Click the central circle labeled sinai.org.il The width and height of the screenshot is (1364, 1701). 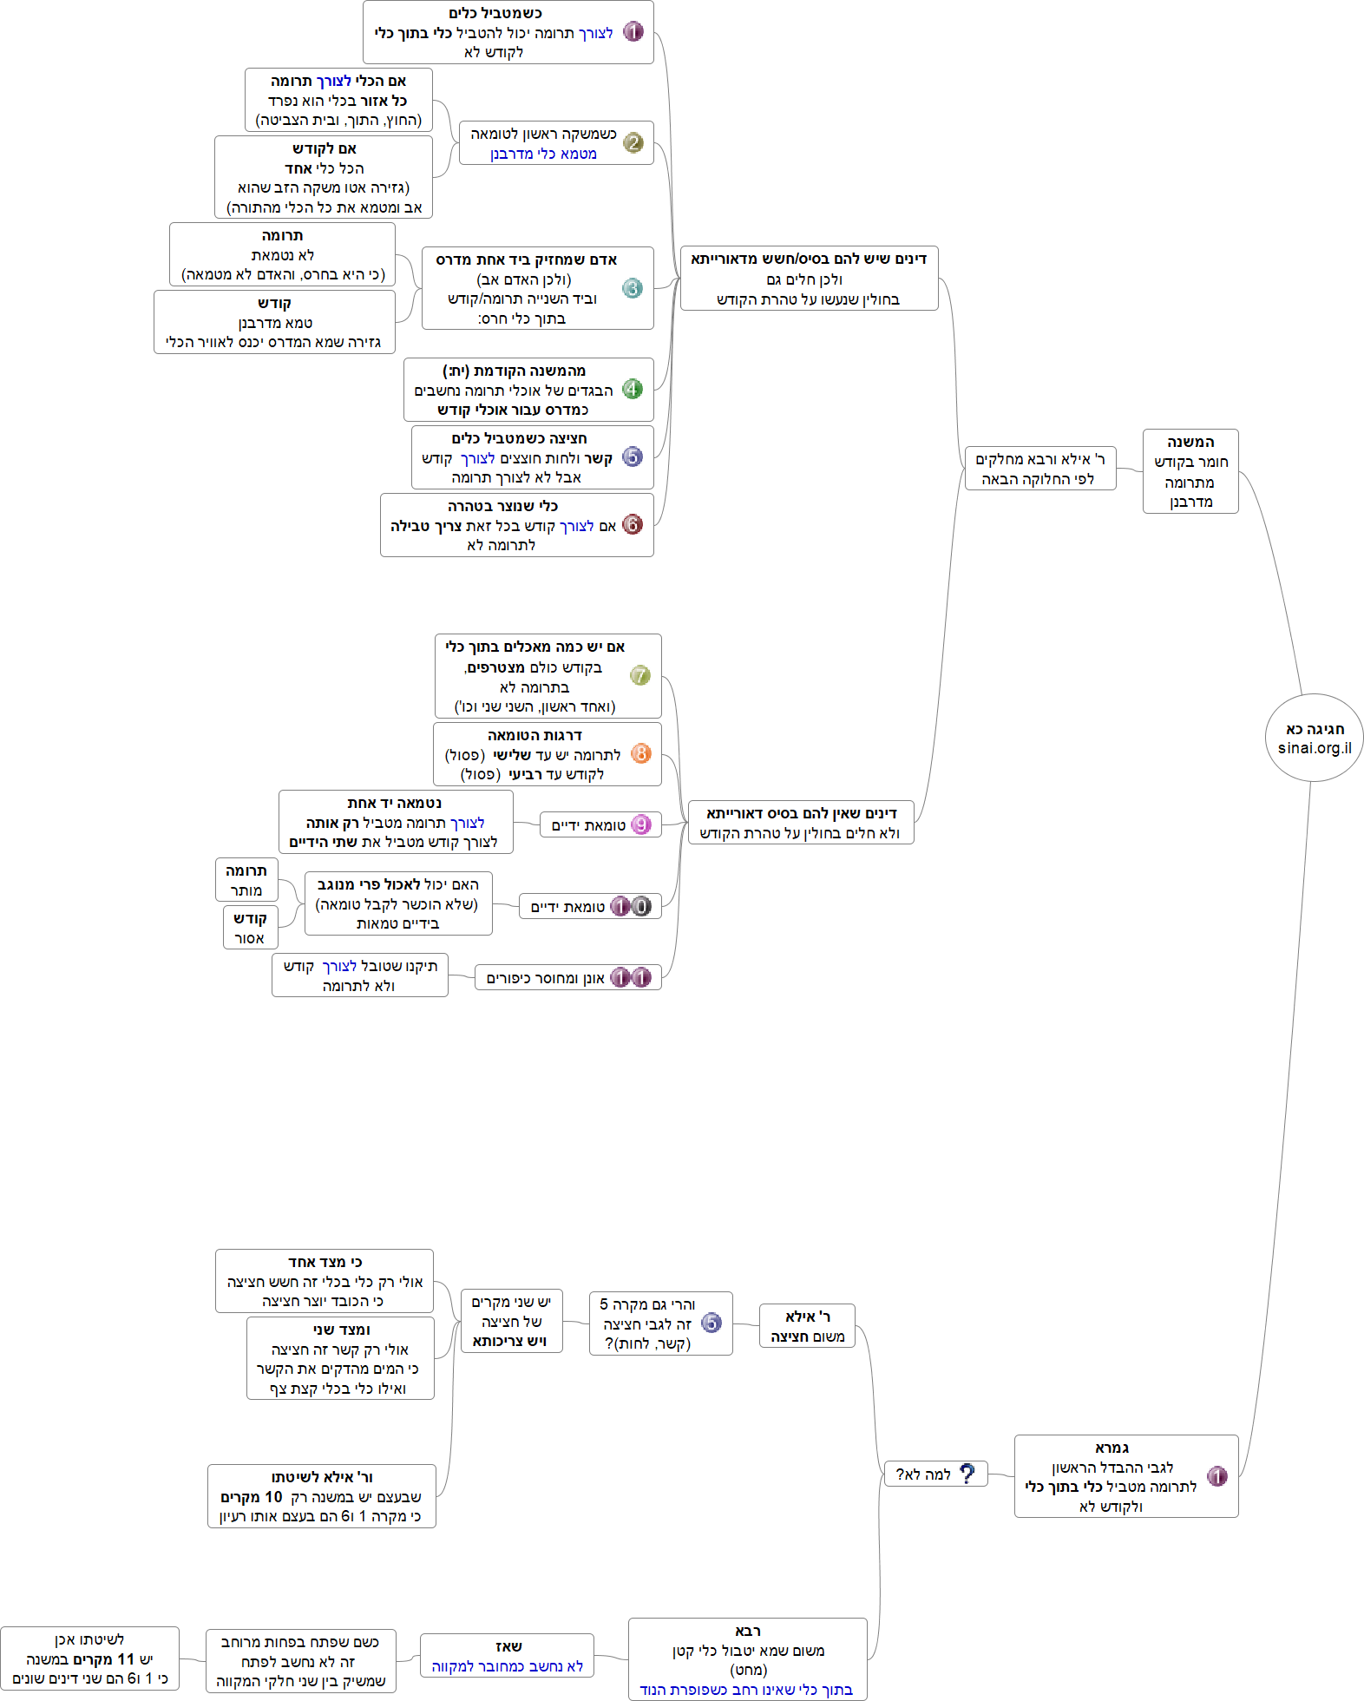(1314, 738)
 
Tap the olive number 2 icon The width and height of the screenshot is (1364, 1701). (633, 142)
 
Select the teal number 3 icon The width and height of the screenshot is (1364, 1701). (633, 288)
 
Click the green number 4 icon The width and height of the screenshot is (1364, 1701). (633, 389)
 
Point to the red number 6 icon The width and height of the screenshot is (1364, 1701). (633, 524)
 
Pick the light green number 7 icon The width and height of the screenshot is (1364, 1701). (639, 675)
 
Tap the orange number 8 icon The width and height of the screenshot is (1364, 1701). (640, 753)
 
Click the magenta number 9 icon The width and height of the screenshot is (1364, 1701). (640, 824)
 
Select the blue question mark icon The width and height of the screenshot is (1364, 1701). (967, 1474)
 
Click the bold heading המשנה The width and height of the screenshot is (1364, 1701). (1190, 442)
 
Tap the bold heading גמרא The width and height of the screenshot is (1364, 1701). (1112, 1448)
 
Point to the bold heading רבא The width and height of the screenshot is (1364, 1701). (747, 1631)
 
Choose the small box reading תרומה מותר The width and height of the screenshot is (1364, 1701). (246, 880)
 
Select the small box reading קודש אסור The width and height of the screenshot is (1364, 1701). (250, 928)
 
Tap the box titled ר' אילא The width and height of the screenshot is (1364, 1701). (807, 1325)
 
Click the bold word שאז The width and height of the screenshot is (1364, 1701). (508, 1646)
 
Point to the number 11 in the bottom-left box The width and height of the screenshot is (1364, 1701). (126, 1659)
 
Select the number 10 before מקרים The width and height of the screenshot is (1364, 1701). (273, 1497)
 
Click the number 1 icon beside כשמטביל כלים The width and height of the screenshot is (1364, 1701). (633, 32)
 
